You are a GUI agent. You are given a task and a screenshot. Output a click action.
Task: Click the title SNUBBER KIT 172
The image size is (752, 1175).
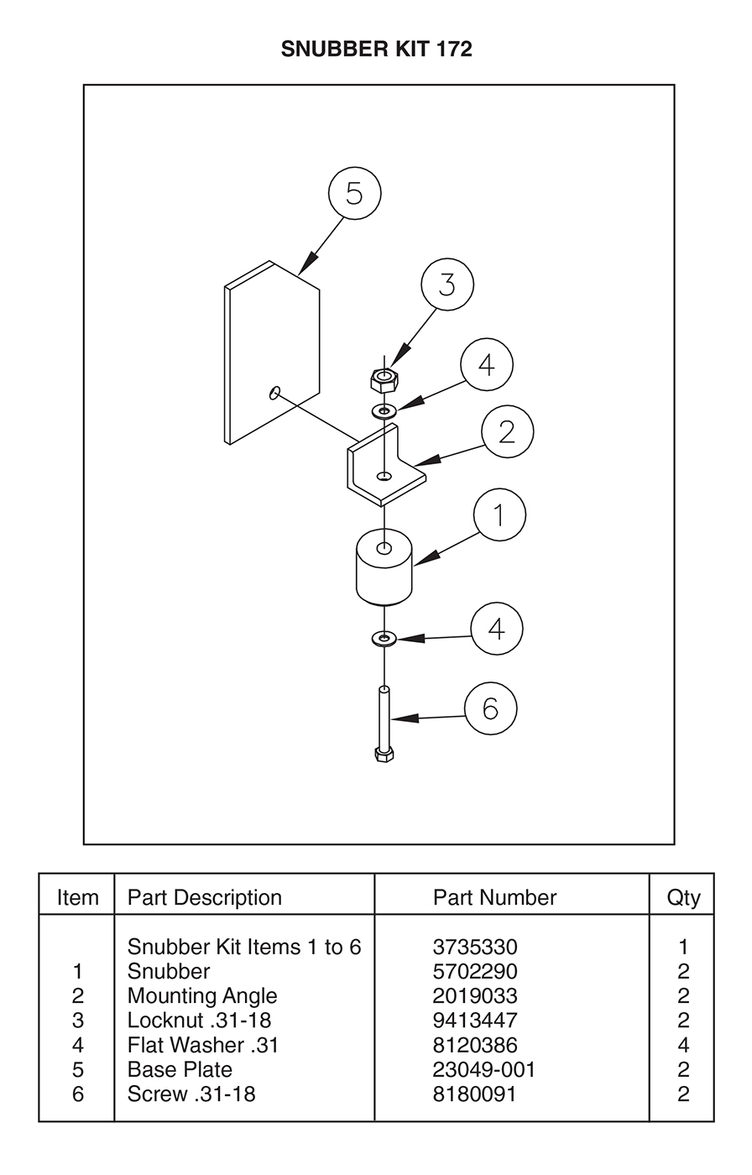click(376, 49)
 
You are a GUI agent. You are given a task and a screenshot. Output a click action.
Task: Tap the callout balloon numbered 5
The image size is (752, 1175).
click(354, 193)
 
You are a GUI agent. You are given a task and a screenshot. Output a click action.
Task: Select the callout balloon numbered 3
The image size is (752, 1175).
click(447, 285)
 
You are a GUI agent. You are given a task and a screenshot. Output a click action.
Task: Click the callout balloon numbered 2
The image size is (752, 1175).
click(507, 431)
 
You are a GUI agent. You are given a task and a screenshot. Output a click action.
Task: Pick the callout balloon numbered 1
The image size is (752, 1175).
click(499, 514)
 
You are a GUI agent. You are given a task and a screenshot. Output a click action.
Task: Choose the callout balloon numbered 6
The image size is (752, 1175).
click(491, 708)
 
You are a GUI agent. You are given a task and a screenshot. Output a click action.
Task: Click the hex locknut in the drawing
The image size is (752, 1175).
click(384, 379)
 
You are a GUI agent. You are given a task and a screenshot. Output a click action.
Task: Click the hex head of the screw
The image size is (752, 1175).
click(384, 755)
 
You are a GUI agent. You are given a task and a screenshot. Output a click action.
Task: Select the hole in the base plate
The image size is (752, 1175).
click(274, 393)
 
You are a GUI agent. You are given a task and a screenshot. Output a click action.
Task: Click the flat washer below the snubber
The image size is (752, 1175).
click(384, 639)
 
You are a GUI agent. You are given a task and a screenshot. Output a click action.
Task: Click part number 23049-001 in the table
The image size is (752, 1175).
click(483, 1069)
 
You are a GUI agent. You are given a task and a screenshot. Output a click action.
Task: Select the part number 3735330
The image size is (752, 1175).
click(474, 947)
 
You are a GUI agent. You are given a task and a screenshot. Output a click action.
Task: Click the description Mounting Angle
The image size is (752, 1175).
click(202, 996)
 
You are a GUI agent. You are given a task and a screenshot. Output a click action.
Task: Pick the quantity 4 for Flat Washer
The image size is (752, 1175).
click(683, 1045)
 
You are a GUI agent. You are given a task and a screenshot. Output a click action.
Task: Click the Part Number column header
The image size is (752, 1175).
click(494, 897)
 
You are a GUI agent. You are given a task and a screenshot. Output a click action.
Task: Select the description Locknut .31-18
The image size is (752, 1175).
click(199, 1021)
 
